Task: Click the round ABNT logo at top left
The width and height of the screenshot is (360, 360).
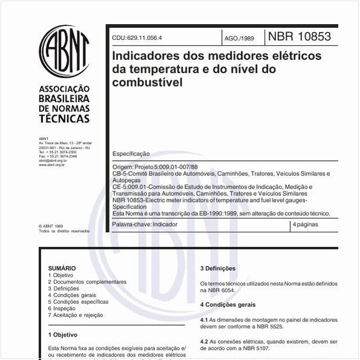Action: [x=64, y=51]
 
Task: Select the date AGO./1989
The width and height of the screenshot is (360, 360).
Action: [x=239, y=38]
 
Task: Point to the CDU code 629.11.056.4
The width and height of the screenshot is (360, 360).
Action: [x=137, y=38]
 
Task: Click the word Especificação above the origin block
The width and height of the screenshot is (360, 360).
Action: [x=131, y=154]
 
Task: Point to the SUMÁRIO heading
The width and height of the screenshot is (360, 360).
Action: [x=62, y=268]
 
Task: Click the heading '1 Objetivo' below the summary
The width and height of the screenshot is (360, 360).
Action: [x=63, y=334]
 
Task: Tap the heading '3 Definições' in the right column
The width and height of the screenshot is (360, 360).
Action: [x=218, y=269]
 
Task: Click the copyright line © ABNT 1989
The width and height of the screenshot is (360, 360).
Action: [x=51, y=226]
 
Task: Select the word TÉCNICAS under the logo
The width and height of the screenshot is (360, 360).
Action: [x=64, y=119]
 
